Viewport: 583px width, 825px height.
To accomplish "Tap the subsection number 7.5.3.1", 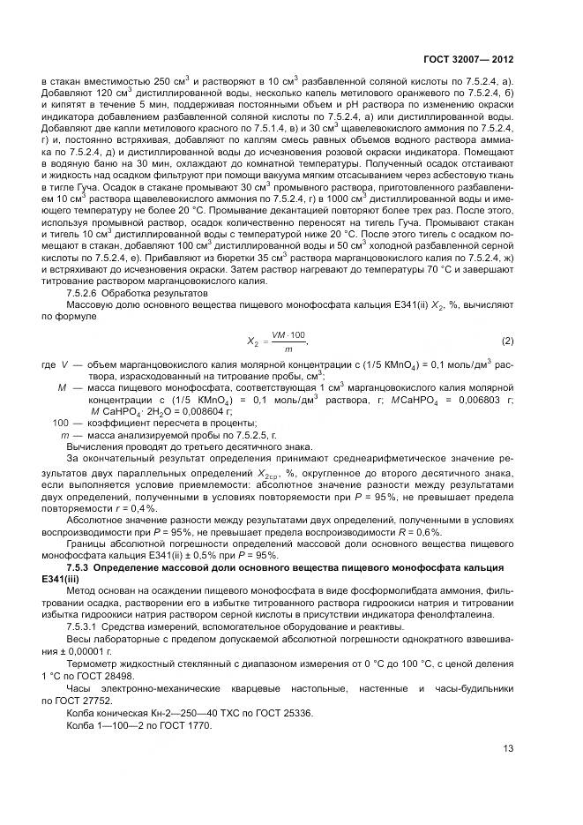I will (x=85, y=626).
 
